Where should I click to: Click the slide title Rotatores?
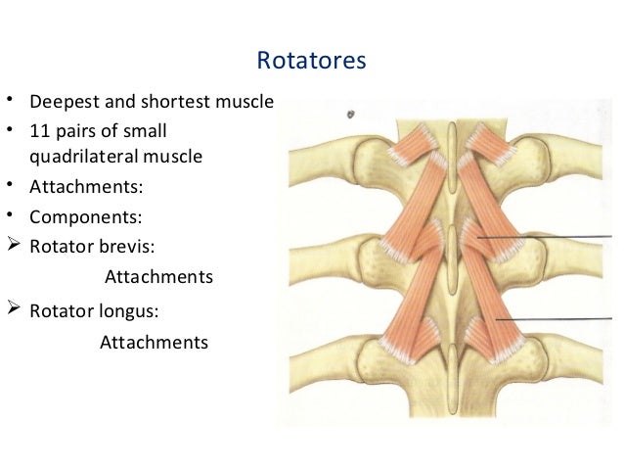coord(311,62)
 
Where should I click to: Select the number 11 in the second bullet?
coord(38,130)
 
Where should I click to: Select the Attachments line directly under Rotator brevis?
coord(157,278)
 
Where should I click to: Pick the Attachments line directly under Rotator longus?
coord(154,343)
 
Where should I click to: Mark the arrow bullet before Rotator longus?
coord(12,310)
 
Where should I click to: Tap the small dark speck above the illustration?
coord(350,115)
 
